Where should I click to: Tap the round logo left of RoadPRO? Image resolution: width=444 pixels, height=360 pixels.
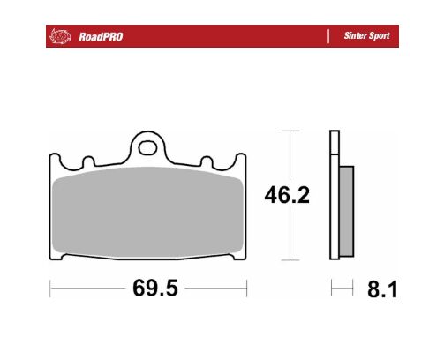(x=59, y=36)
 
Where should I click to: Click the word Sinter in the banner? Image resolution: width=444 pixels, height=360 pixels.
(x=352, y=36)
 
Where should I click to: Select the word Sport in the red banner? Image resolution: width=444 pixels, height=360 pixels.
(x=378, y=36)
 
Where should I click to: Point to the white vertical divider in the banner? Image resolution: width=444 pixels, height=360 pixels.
(x=328, y=36)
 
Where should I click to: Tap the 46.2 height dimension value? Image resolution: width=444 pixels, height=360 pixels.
(x=287, y=196)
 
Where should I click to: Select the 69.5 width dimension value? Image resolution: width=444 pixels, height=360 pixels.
(x=148, y=289)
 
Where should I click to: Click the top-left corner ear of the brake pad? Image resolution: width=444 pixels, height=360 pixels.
(x=56, y=161)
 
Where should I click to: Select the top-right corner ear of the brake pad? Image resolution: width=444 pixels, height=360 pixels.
(x=241, y=161)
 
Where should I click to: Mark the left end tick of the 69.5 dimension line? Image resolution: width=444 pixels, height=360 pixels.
(x=50, y=289)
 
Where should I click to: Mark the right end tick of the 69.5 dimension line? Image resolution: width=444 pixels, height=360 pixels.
(x=246, y=289)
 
